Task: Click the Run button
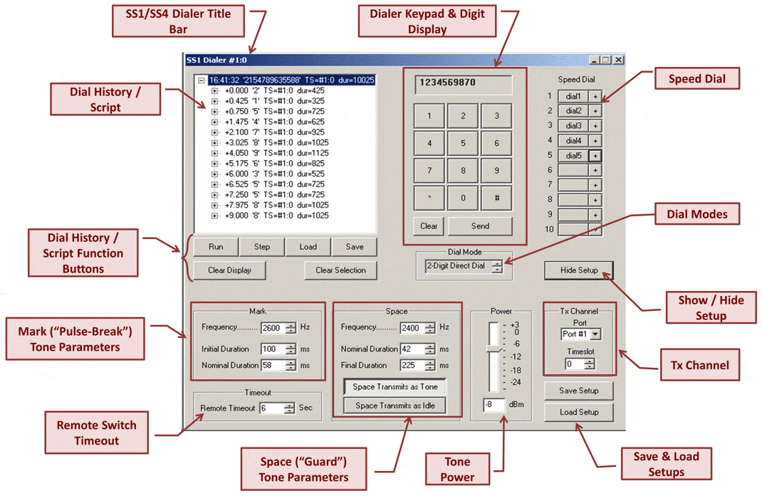click(216, 247)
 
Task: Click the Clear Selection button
click(340, 270)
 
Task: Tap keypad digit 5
click(463, 143)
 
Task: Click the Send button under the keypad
click(480, 226)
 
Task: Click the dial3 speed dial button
click(573, 126)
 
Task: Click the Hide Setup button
click(579, 270)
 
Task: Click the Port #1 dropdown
click(580, 334)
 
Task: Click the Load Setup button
click(579, 412)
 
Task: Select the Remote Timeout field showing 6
click(271, 408)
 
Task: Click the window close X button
click(618, 60)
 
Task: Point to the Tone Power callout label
click(457, 469)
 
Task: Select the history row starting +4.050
click(276, 153)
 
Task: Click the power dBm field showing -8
click(494, 404)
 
